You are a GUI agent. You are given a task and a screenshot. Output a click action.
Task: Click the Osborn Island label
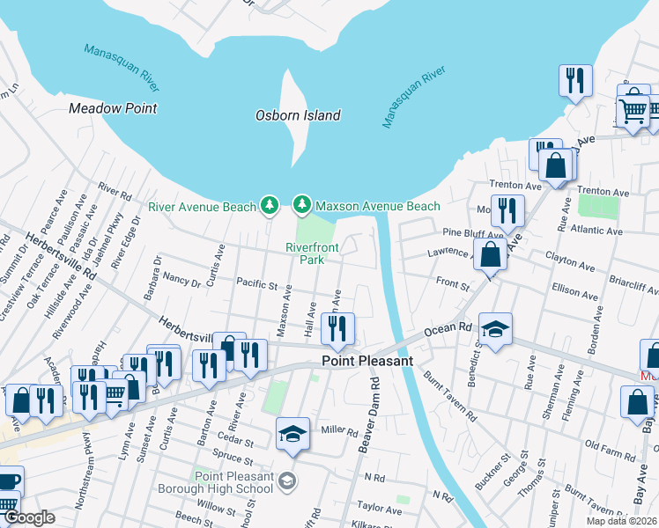(298, 115)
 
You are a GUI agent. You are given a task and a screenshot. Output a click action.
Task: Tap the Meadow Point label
(113, 108)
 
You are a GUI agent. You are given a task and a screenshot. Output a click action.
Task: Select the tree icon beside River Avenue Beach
(270, 206)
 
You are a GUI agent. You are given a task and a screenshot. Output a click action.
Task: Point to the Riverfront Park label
(312, 254)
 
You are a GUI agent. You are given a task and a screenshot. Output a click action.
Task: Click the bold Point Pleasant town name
(367, 361)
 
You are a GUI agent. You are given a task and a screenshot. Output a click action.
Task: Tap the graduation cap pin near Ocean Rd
(496, 329)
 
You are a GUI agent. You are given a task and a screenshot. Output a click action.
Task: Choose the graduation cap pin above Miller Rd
(293, 433)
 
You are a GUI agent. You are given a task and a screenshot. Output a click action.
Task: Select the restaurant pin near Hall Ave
(337, 329)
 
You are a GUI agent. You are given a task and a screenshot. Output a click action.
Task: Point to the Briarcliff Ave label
(633, 282)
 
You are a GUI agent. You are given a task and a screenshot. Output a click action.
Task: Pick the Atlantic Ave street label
(596, 232)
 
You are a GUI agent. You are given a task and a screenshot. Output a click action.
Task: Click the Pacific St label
(256, 285)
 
